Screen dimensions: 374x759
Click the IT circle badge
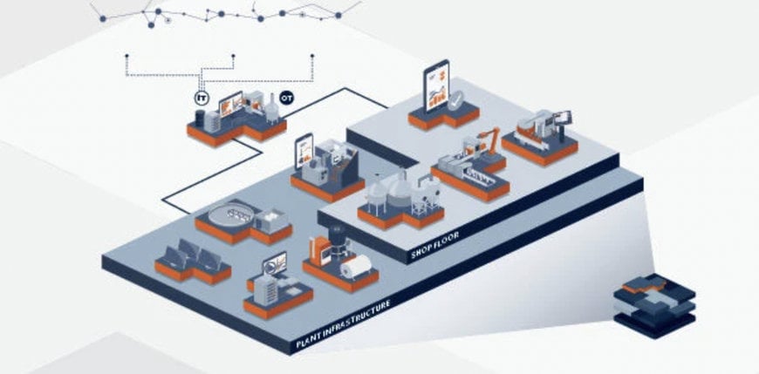pos(202,99)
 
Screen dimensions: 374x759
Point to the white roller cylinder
pos(356,265)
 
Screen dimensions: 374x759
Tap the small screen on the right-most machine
pos(564,115)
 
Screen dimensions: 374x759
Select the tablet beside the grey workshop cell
pos(304,153)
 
